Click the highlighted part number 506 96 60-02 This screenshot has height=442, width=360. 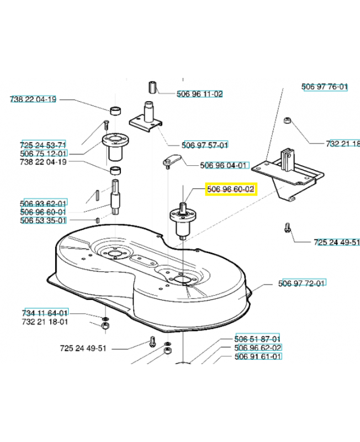[x=231, y=189]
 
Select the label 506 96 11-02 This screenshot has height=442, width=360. [x=200, y=94]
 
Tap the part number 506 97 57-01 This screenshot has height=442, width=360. [x=205, y=145]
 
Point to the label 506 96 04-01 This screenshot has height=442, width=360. [x=224, y=165]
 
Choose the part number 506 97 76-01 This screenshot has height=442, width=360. [x=325, y=87]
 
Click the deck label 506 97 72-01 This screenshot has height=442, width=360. [x=301, y=283]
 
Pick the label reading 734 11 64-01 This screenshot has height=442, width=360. [x=45, y=313]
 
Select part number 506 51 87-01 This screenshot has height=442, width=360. [x=257, y=339]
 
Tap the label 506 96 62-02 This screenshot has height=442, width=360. [x=258, y=348]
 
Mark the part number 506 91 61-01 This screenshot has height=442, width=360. [x=258, y=356]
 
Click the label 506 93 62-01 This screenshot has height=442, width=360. [x=43, y=203]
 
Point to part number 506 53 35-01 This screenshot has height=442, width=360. [x=43, y=220]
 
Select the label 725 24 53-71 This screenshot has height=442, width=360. [x=43, y=145]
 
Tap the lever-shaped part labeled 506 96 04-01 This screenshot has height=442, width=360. [x=171, y=160]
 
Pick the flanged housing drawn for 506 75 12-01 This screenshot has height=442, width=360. [x=115, y=146]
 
